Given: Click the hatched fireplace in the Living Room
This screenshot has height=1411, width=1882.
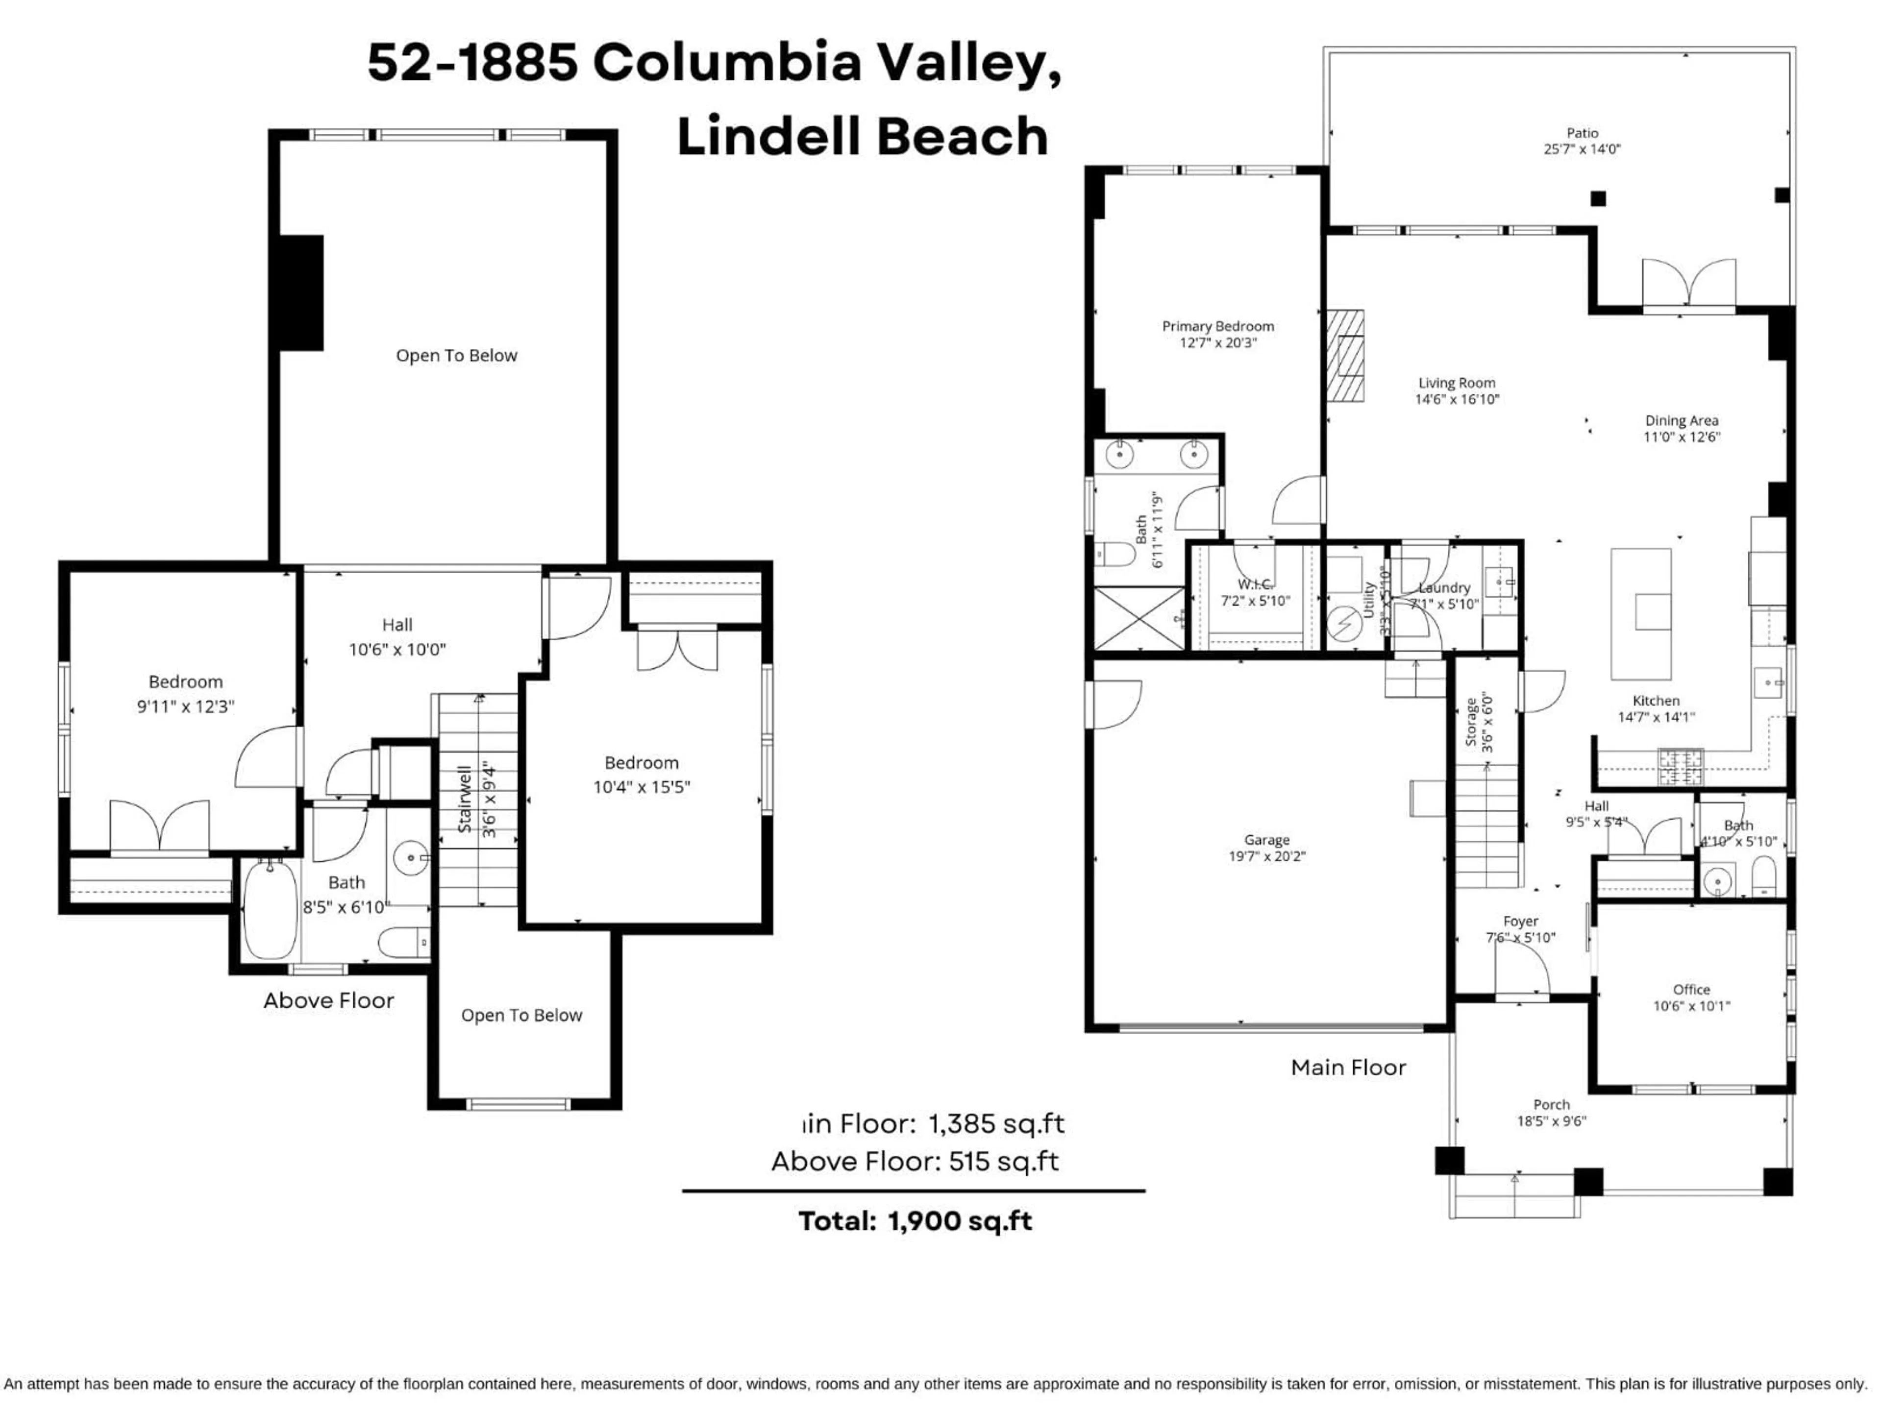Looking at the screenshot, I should click(1345, 356).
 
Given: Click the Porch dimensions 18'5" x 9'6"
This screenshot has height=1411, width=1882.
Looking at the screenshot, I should click(1551, 1121).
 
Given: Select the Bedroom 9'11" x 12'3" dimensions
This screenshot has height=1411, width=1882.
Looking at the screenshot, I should click(185, 706).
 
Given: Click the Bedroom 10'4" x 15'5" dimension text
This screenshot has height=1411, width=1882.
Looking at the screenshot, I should click(642, 787).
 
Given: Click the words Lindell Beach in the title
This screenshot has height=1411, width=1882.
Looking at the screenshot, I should click(862, 137).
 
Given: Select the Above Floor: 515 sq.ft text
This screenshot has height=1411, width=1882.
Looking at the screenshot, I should click(915, 1161).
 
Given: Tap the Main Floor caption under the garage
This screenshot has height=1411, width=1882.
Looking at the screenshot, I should click(1348, 1068).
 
